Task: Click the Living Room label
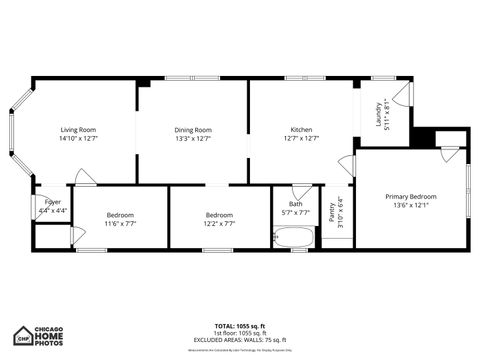pyautogui.click(x=78, y=130)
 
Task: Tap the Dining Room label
pyautogui.click(x=193, y=130)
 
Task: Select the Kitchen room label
pyautogui.click(x=301, y=130)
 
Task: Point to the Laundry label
pyautogui.click(x=379, y=117)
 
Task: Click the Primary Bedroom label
pyautogui.click(x=411, y=196)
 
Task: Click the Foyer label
pyautogui.click(x=52, y=202)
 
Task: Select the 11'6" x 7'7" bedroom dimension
pyautogui.click(x=120, y=224)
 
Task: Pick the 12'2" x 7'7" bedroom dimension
pyautogui.click(x=219, y=224)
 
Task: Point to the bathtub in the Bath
pyautogui.click(x=293, y=238)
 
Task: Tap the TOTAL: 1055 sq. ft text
pyautogui.click(x=240, y=326)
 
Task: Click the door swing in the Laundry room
pyautogui.click(x=402, y=95)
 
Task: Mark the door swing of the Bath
pyautogui.click(x=302, y=191)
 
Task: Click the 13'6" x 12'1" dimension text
pyautogui.click(x=411, y=205)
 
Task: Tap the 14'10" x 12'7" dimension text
pyautogui.click(x=78, y=139)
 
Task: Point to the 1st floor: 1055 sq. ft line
pyautogui.click(x=240, y=333)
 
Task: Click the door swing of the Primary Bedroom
pyautogui.click(x=450, y=154)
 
